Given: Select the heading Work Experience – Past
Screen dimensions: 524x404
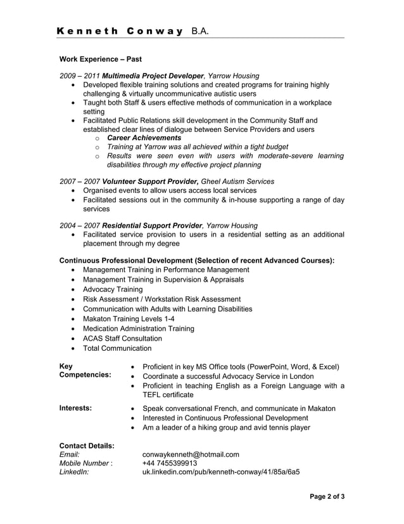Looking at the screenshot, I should click(x=100, y=59).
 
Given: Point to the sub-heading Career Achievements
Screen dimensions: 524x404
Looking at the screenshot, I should click(x=144, y=138).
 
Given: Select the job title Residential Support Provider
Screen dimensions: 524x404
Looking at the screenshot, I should click(x=152, y=225).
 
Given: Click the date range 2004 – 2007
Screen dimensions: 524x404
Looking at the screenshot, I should click(x=79, y=225).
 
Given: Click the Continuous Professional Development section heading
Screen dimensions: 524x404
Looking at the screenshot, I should click(x=196, y=260).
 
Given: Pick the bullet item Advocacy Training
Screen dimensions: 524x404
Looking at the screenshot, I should click(x=113, y=289).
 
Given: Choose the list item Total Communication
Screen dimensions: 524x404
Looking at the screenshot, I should click(x=117, y=348).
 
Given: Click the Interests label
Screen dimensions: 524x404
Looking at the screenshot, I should click(x=75, y=408).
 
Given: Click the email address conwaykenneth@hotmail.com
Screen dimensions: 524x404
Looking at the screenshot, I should click(x=191, y=454).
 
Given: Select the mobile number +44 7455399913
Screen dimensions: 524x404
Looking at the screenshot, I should click(x=170, y=463).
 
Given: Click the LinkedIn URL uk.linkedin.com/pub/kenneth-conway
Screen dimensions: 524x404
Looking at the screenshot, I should click(x=220, y=472).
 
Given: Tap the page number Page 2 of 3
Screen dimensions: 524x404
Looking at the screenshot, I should click(x=327, y=497).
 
